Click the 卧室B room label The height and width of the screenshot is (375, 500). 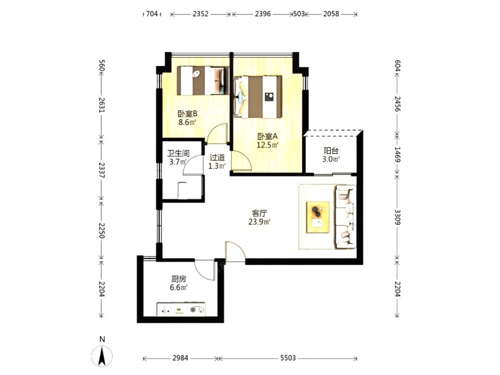[187, 113]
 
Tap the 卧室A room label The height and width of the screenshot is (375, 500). [267, 136]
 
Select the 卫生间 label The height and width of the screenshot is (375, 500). [178, 153]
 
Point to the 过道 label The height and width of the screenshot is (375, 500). [217, 157]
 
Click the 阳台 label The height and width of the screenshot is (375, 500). [331, 150]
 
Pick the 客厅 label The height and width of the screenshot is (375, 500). [259, 213]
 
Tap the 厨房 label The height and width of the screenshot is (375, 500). [178, 279]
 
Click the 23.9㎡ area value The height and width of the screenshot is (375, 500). [259, 222]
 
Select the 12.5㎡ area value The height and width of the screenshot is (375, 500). [267, 145]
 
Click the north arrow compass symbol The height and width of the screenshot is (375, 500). [102, 355]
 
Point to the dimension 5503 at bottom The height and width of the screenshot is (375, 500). [288, 358]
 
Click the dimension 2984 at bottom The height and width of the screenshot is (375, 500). [180, 358]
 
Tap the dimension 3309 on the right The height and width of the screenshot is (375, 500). [397, 217]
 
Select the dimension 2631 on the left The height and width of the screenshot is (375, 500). [101, 105]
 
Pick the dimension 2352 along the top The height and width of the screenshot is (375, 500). [200, 13]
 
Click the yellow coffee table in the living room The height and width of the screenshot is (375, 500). [318, 217]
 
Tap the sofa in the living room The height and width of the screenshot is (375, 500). [345, 217]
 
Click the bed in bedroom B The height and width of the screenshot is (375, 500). [203, 80]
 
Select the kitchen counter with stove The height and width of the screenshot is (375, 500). [181, 309]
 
